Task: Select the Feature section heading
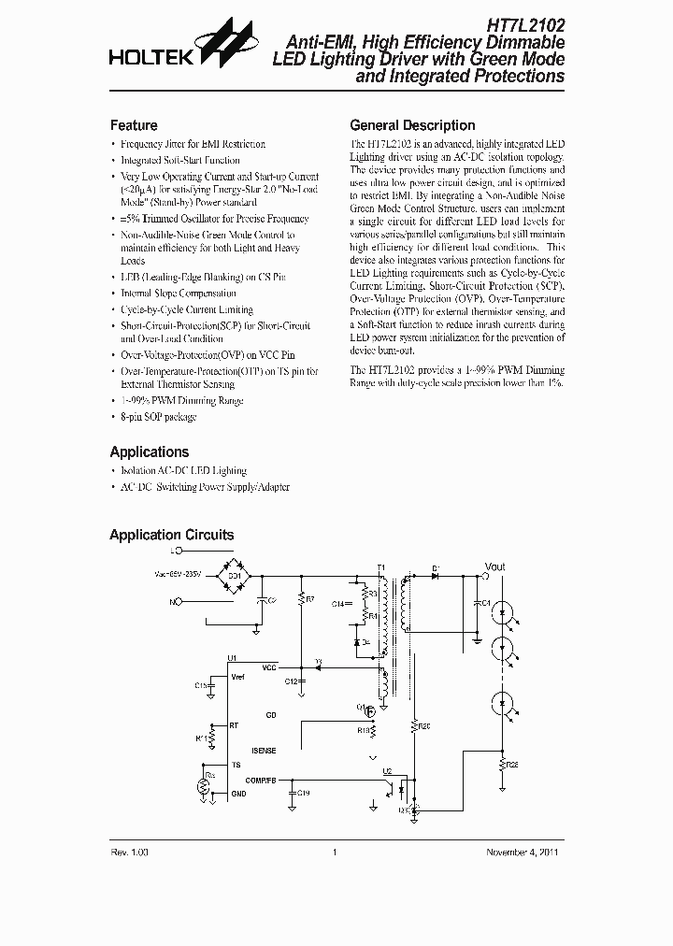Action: click(134, 125)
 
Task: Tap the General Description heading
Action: click(412, 125)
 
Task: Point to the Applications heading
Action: click(150, 451)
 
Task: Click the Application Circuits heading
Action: click(172, 536)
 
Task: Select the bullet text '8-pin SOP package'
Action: click(159, 417)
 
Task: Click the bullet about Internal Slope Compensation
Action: click(179, 294)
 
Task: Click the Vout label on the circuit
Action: click(494, 566)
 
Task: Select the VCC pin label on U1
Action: click(269, 667)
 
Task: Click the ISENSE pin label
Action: click(264, 751)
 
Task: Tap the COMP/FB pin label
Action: click(261, 779)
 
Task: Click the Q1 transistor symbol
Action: click(368, 710)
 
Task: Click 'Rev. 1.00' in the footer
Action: click(131, 852)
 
